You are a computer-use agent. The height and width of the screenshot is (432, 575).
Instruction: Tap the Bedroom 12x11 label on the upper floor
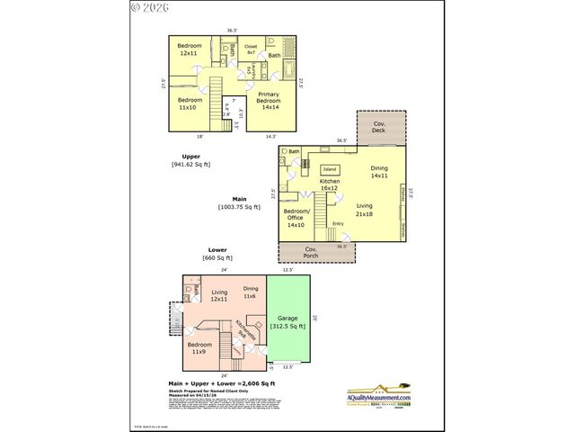[x=190, y=50]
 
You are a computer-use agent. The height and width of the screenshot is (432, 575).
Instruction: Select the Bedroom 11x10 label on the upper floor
[x=190, y=103]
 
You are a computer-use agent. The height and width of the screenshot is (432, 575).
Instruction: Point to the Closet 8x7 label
[x=251, y=49]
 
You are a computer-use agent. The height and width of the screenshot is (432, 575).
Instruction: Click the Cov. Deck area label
[x=381, y=127]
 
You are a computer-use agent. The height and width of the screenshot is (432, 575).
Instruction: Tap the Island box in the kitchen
[x=330, y=168]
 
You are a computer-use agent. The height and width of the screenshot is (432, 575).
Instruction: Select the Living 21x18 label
[x=365, y=210]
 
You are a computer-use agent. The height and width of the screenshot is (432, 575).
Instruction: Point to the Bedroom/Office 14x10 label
[x=297, y=218]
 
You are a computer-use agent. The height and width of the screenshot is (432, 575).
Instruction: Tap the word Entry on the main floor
[x=338, y=223]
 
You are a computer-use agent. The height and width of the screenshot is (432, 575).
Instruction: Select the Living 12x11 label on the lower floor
[x=220, y=296]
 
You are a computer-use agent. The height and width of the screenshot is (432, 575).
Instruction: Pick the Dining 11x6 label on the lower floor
[x=251, y=292]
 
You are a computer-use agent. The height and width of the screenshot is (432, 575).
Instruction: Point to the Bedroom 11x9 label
[x=199, y=348]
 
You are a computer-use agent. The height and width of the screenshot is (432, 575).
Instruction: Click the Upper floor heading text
[x=191, y=157]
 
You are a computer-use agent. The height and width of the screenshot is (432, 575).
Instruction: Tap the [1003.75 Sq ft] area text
[x=239, y=207]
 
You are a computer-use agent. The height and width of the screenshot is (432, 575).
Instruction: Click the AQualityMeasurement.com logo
[x=378, y=396]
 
